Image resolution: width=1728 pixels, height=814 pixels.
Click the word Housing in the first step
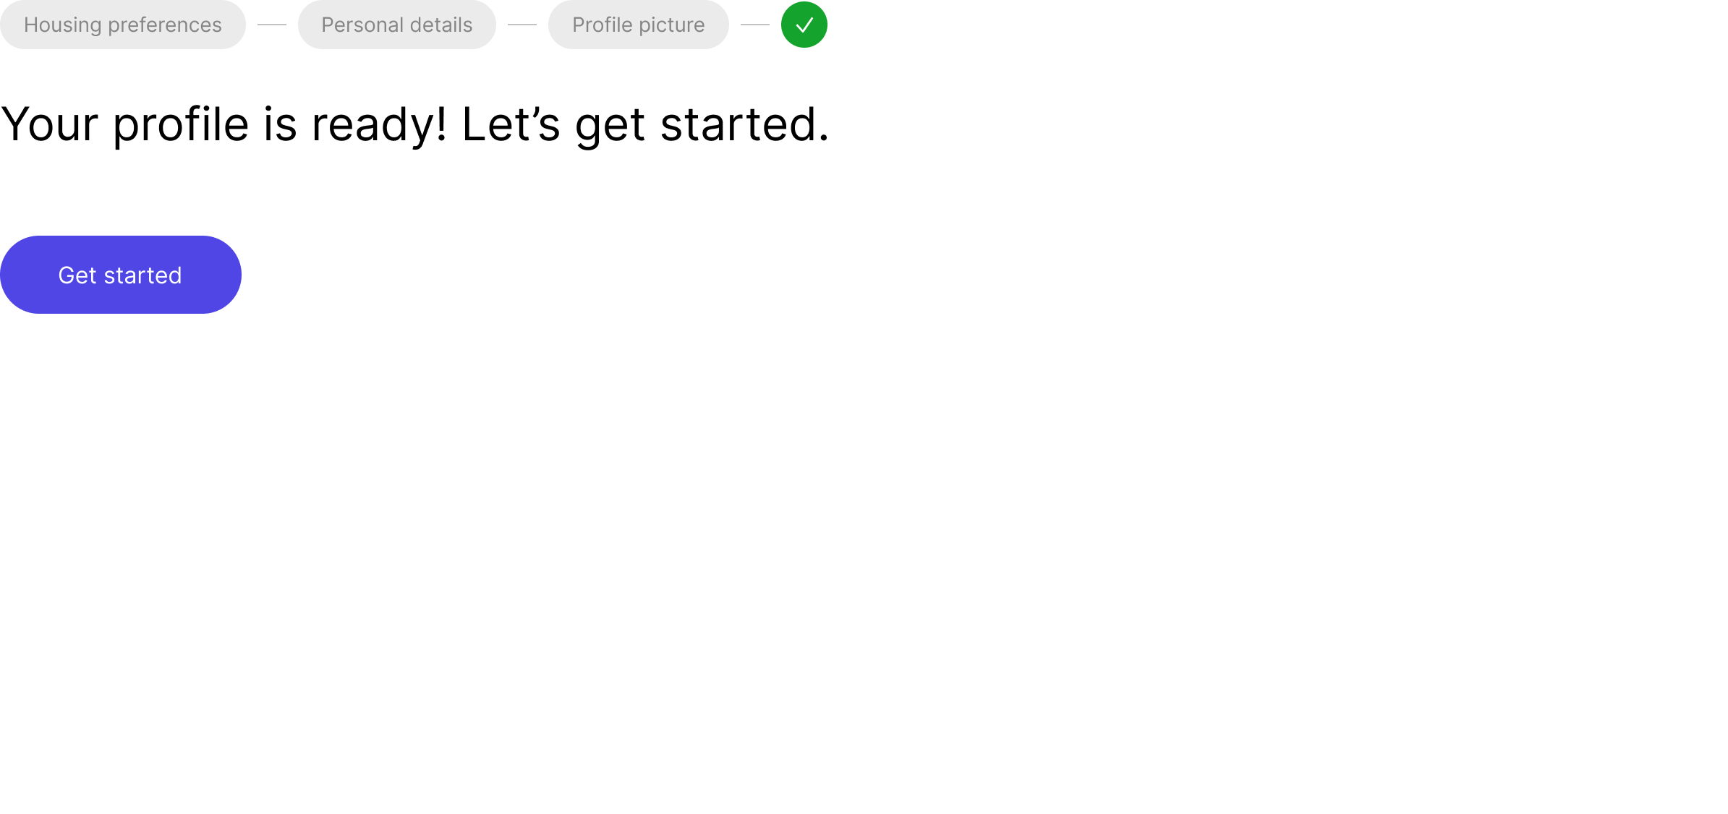click(x=62, y=25)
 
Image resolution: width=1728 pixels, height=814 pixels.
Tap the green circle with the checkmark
click(x=804, y=25)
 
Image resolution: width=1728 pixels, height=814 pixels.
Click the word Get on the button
click(x=77, y=275)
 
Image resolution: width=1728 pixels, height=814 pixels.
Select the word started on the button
click(x=142, y=275)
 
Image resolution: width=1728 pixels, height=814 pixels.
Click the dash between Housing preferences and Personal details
click(x=272, y=25)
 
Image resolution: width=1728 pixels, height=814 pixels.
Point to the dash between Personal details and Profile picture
click(x=522, y=25)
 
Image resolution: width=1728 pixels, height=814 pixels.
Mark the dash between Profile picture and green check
click(x=755, y=25)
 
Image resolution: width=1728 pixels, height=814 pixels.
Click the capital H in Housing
click(x=31, y=25)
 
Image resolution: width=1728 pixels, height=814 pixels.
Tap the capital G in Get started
click(x=67, y=275)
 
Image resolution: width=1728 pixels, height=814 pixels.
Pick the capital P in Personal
click(x=327, y=25)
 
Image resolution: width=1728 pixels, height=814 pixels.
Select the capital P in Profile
click(x=578, y=25)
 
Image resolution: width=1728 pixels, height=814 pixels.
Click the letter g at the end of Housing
click(x=95, y=27)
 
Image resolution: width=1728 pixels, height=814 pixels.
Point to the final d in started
click(x=174, y=275)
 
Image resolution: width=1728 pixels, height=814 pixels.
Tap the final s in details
click(x=468, y=26)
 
